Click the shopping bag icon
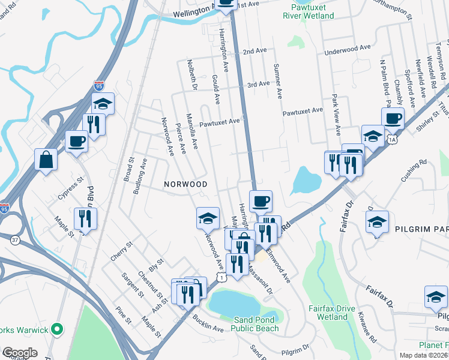click(46, 160)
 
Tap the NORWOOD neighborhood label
click(187, 184)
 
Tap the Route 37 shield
click(14, 240)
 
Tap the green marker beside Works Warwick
click(57, 329)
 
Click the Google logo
click(19, 353)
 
